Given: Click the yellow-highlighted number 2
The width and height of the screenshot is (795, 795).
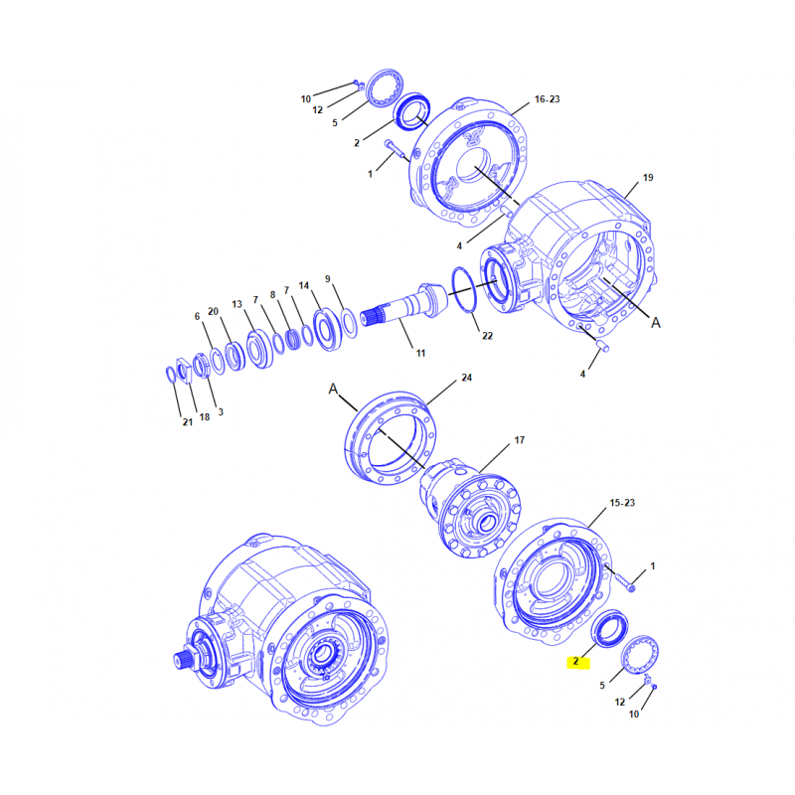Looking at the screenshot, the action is (576, 661).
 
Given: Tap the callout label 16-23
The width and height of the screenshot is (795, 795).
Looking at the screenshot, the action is (548, 99).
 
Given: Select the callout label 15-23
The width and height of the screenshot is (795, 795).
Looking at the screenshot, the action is (622, 503).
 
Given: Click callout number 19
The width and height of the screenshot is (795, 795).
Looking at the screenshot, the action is (648, 178).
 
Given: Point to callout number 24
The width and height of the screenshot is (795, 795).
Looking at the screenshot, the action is (466, 378).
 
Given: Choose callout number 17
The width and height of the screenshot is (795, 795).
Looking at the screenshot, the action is (520, 440).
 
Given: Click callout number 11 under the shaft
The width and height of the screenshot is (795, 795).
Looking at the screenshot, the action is (420, 353).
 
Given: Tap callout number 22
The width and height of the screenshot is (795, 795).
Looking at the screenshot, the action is (487, 336).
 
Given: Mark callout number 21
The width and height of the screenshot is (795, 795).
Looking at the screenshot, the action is (188, 421).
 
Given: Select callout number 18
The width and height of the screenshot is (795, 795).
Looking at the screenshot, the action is (205, 416).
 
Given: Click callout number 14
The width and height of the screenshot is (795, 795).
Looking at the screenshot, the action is (304, 286).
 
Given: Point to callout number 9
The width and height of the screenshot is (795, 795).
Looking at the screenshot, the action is (328, 279).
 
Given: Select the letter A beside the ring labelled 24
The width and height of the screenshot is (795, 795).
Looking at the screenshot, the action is (333, 389).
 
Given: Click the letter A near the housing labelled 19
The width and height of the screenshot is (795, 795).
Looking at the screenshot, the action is (656, 322).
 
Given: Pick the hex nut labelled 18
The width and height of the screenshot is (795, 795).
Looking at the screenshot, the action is (184, 370).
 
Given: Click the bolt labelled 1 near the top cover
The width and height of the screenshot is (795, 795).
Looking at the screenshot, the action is (397, 150).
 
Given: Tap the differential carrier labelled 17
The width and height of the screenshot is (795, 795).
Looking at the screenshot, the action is (469, 507).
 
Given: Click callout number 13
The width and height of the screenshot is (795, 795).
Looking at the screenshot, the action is (237, 304).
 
